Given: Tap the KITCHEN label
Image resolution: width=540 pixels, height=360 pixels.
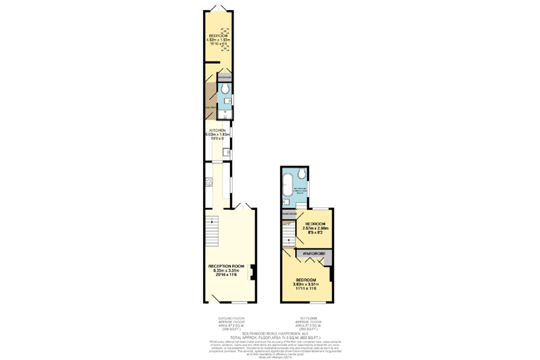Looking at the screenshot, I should tap(217, 130).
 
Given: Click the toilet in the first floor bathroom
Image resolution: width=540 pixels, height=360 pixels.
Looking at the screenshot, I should tap(302, 173).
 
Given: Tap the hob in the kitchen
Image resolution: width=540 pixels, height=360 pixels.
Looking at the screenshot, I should tap(209, 182).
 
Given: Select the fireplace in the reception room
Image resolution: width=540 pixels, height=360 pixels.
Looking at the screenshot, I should tap(253, 271).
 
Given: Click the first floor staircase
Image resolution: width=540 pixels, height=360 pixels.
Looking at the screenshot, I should tap(288, 236).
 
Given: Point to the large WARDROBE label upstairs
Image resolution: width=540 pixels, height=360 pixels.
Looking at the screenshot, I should tap(313, 254).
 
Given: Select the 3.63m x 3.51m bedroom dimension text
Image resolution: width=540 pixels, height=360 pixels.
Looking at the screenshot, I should tap(305, 285).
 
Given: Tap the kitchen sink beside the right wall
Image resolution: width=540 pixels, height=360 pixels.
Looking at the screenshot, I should tap(226, 153).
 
